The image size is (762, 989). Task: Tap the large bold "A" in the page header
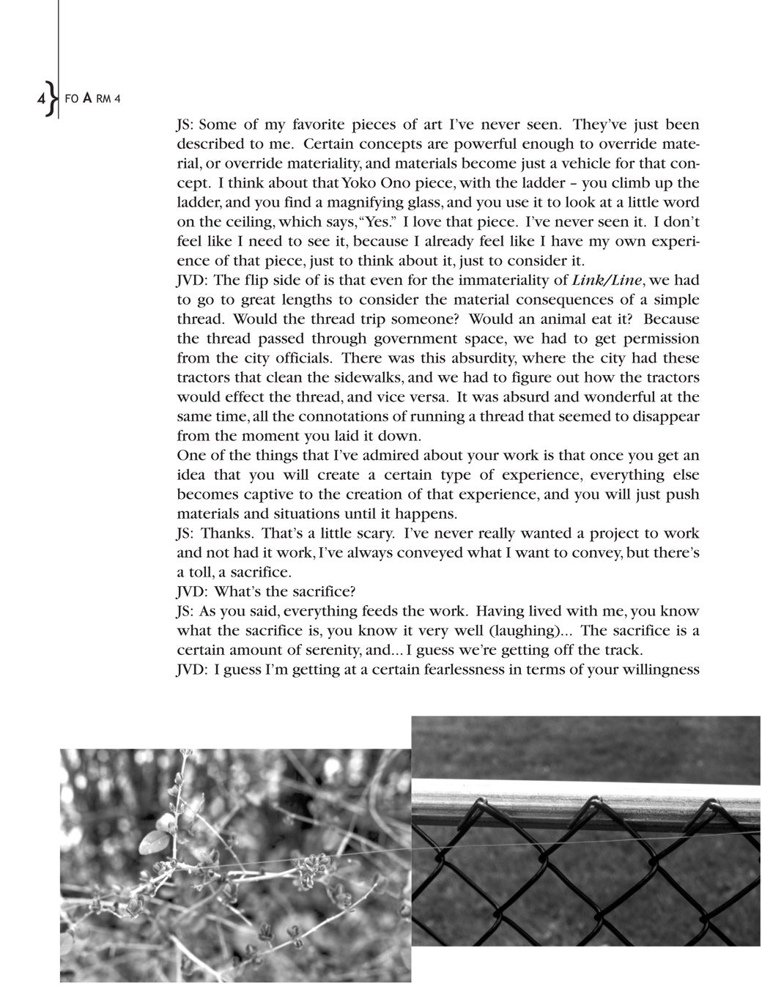(86, 99)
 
